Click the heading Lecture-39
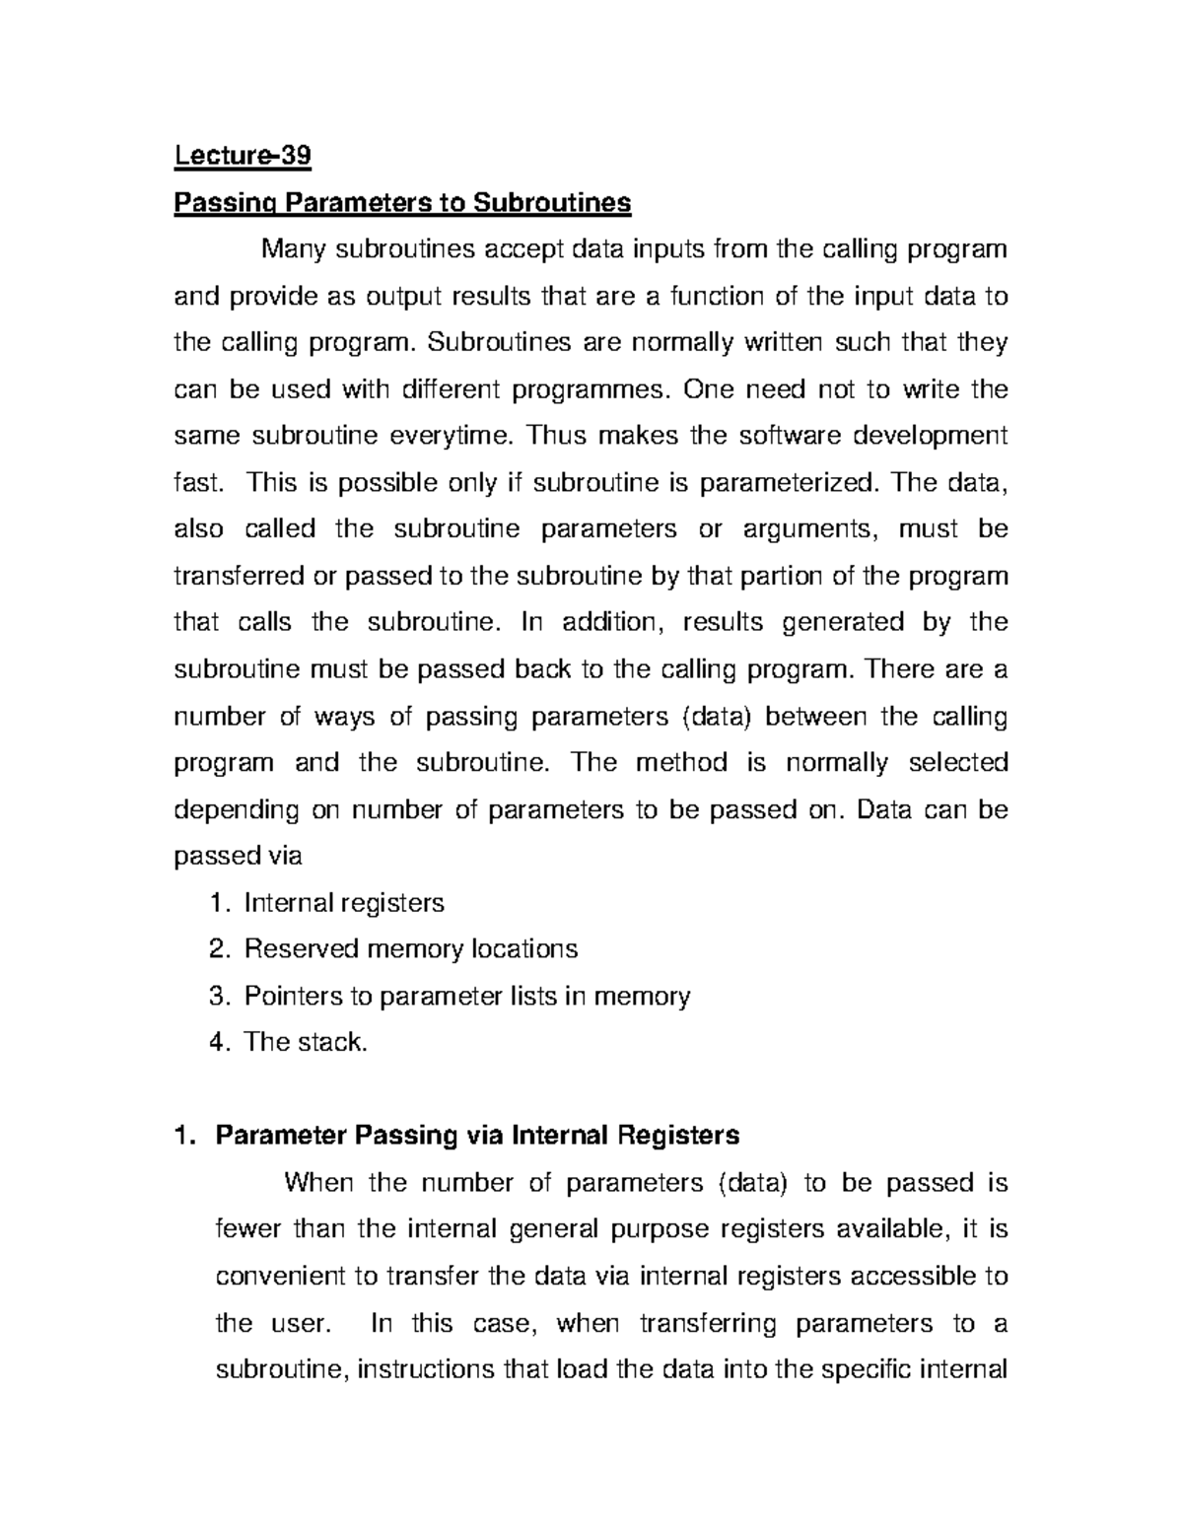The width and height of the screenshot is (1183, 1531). (x=243, y=156)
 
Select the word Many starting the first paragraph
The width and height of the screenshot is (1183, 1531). (x=294, y=249)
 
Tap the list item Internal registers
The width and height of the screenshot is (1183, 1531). (x=344, y=903)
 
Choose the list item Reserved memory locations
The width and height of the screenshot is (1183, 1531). (x=410, y=949)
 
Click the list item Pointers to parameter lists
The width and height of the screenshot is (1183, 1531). (x=466, y=997)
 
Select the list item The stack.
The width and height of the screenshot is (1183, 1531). (x=306, y=1043)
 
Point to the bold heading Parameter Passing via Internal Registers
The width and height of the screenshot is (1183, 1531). (x=477, y=1136)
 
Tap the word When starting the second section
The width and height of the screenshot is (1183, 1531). (x=318, y=1183)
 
